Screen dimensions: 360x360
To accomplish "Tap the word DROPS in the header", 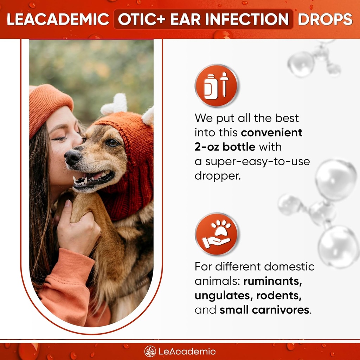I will [x=325, y=19].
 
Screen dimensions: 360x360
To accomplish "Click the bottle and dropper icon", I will [x=216, y=86].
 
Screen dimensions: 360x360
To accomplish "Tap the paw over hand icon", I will [x=216, y=234].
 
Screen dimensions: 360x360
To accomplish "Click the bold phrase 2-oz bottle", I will [x=225, y=147].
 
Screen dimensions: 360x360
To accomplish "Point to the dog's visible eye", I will [x=112, y=142].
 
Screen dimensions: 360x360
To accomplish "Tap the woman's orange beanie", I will [x=49, y=105].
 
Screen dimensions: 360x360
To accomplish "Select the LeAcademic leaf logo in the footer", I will [x=150, y=351].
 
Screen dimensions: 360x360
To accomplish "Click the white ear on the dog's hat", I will [x=114, y=104].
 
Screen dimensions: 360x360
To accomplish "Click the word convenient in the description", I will [x=271, y=133].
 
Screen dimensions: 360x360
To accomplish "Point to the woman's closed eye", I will [x=60, y=138].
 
